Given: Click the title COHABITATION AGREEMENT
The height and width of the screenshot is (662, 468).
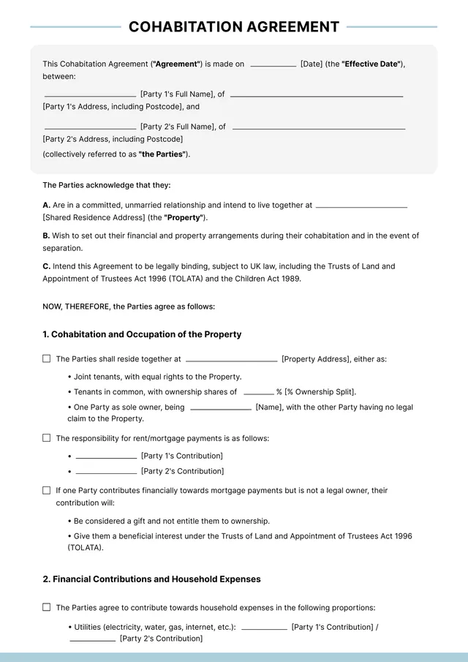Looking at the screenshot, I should tap(234, 27).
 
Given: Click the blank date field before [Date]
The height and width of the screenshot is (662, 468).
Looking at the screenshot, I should tap(273, 65).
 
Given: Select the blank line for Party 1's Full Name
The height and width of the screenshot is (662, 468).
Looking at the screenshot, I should tap(90, 96).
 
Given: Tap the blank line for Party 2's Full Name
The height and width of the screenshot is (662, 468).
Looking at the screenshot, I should tap(90, 127).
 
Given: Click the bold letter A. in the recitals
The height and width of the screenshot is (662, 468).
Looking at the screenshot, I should tap(46, 206).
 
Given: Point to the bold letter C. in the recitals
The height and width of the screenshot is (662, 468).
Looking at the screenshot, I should tap(46, 267).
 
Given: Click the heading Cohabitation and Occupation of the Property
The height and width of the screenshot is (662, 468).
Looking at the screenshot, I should tap(142, 334).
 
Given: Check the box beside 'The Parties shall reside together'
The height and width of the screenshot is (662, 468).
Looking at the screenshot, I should tap(47, 359).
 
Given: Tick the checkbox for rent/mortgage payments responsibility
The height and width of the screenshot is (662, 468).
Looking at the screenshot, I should tap(47, 438).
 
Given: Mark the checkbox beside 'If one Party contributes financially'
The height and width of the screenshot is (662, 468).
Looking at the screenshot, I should tap(47, 490).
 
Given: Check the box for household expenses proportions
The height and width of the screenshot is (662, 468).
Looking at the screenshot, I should tap(47, 607).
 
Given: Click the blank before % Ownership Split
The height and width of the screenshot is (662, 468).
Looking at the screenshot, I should tap(258, 394).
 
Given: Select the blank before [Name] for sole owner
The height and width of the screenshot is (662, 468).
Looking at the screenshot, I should tap(220, 409).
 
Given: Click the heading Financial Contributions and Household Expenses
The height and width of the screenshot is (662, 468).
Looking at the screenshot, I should tap(151, 579).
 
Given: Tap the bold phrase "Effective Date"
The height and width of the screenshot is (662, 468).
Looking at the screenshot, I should tap(371, 64).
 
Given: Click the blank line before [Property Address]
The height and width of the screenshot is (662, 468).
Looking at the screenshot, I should tap(231, 361).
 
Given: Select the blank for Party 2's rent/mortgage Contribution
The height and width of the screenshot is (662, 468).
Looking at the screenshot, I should tap(106, 473).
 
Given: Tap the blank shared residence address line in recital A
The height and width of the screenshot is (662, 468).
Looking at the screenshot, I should tap(361, 207).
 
